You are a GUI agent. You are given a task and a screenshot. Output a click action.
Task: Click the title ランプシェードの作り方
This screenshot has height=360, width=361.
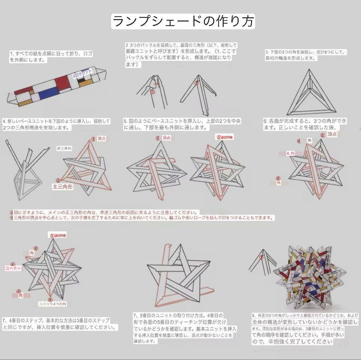click(x=183, y=22)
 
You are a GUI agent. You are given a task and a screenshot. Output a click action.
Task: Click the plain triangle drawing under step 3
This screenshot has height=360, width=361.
click(x=311, y=94)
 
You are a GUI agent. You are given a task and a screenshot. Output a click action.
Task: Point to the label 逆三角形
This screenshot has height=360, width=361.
click(x=65, y=148)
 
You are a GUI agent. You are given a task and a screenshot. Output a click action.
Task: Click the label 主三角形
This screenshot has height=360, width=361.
click(x=63, y=187)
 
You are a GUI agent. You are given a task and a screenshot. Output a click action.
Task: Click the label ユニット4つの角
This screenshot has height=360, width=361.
click(x=52, y=304)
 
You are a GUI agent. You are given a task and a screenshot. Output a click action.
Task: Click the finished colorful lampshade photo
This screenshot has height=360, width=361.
click(x=309, y=278)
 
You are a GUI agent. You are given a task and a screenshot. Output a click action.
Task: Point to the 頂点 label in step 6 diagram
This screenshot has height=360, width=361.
click(x=332, y=134)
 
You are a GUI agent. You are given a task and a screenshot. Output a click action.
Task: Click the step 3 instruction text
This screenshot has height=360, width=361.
click(x=306, y=55)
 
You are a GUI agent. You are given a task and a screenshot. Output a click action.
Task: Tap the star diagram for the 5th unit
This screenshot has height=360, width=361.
click(x=179, y=274)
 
